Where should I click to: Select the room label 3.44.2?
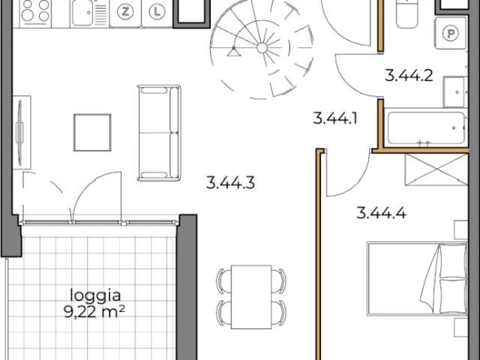tap(409, 74)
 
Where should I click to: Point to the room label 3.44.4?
tap(382, 212)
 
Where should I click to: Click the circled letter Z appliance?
tap(125, 12)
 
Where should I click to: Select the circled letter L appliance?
tap(155, 12)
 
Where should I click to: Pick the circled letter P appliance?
tap(451, 32)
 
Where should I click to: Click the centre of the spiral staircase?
tap(262, 47)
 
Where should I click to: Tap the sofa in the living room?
tap(159, 133)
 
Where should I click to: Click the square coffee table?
tap(92, 132)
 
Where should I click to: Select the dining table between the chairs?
tap(250, 297)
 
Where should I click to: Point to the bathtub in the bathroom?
tap(424, 129)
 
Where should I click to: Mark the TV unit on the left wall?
tap(20, 131)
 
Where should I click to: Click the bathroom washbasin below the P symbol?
tap(455, 91)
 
